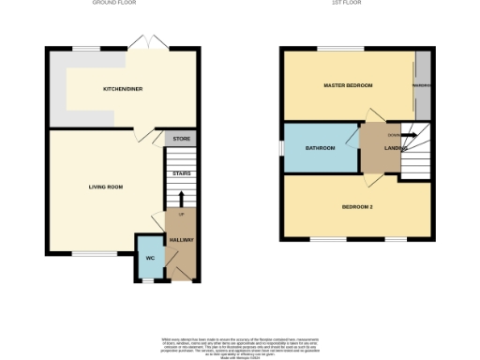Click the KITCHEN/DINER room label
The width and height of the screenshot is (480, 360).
point(122,89)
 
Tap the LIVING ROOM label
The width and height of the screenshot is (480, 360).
point(106,187)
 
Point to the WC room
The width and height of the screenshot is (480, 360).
point(149,258)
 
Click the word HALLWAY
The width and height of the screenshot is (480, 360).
point(181,240)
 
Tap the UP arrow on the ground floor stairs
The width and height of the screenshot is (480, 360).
point(181,199)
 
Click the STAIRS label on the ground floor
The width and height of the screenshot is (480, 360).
point(181,173)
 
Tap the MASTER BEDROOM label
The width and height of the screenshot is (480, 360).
point(348,85)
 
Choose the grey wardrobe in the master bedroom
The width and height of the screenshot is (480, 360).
point(424,85)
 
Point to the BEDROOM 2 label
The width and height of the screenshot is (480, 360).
point(358,206)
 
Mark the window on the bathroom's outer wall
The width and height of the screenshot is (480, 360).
point(283,148)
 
